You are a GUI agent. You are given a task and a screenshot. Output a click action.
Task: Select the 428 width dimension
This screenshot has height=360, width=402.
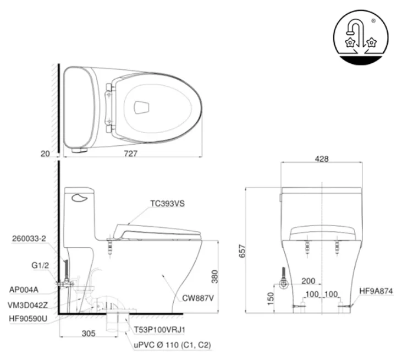[322, 159]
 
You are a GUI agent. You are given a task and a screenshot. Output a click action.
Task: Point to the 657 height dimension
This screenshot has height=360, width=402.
[240, 251]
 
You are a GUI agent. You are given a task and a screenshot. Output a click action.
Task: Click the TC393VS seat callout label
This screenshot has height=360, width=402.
[167, 203]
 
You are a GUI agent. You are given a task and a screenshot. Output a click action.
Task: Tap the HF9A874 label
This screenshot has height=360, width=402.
[376, 291]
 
